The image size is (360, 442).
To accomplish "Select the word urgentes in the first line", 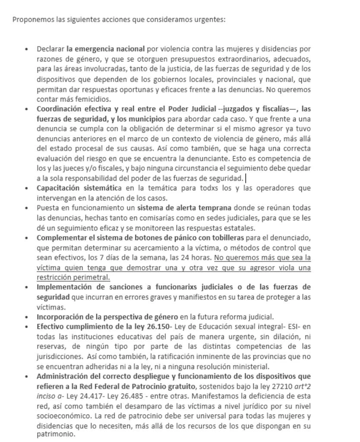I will pyautogui.click(x=211, y=20).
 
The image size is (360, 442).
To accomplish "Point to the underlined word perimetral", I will pyautogui.click(x=92, y=278).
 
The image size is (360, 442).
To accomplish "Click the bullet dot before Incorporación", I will pyautogui.click(x=27, y=317).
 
